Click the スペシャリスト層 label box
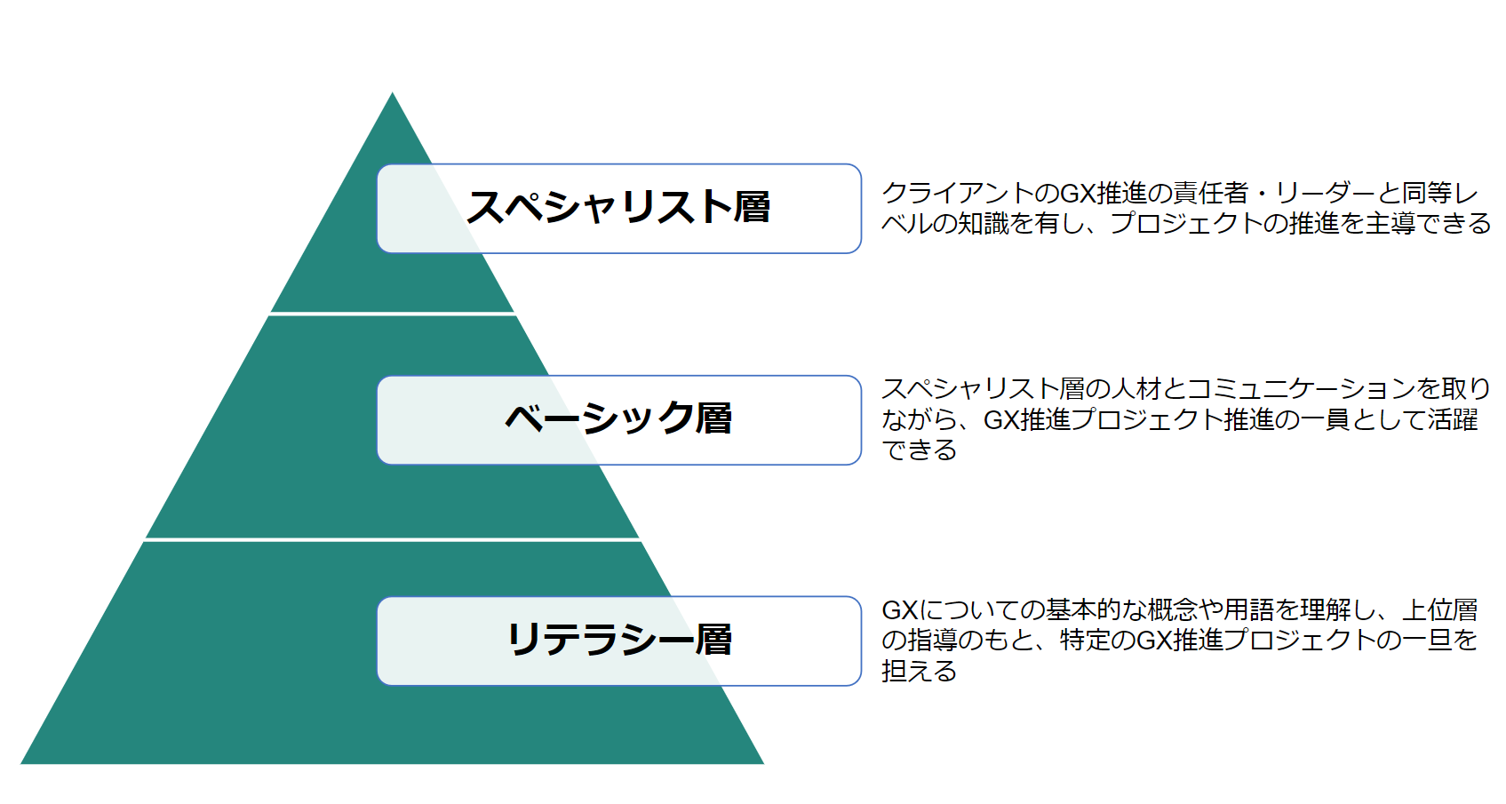pyautogui.click(x=618, y=208)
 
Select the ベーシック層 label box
pyautogui.click(x=618, y=419)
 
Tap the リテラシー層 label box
pyautogui.click(x=618, y=641)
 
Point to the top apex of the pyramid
pyautogui.click(x=393, y=95)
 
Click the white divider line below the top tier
pyautogui.click(x=392, y=314)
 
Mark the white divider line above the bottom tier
pyautogui.click(x=392, y=538)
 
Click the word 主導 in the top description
pyautogui.click(x=1390, y=223)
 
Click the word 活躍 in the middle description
pyautogui.click(x=1453, y=419)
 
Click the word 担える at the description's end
pyautogui.click(x=919, y=671)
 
